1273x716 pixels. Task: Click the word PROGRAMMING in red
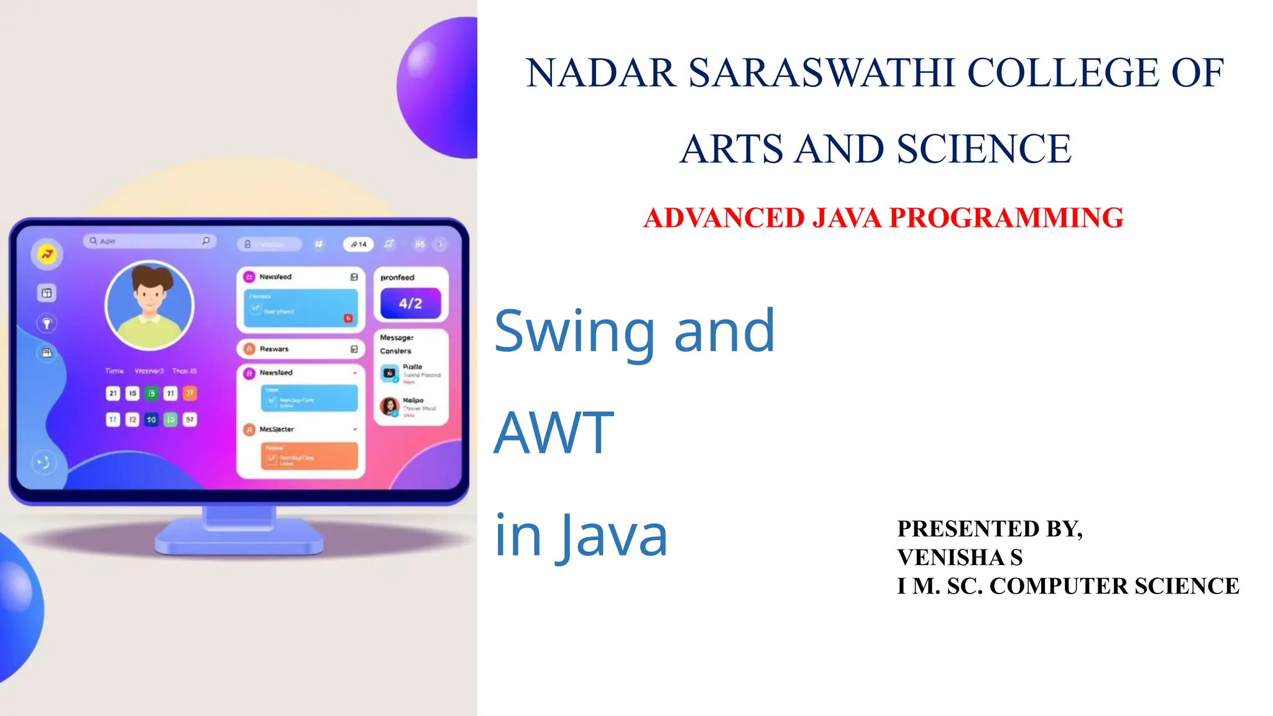point(1006,218)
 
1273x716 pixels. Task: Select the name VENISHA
point(951,558)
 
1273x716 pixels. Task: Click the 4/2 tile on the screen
point(410,303)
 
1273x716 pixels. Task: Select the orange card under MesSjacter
point(309,456)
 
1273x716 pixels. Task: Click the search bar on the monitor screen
point(150,241)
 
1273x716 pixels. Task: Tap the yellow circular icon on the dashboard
point(47,254)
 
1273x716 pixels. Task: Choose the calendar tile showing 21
point(113,393)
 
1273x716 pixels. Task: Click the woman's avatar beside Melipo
point(390,406)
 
